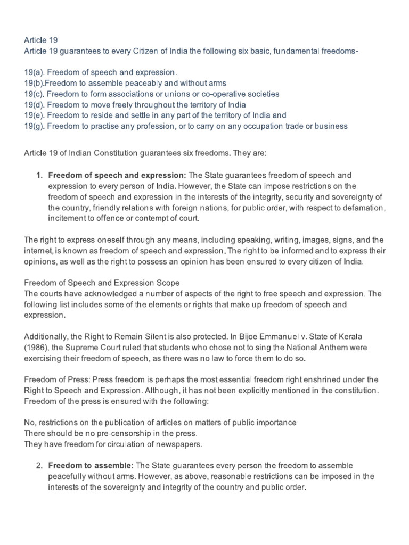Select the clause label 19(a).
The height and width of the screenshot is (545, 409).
point(36,72)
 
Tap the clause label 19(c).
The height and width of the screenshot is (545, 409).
point(36,94)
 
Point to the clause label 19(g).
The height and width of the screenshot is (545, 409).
point(36,126)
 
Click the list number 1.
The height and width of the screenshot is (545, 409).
point(40,175)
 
